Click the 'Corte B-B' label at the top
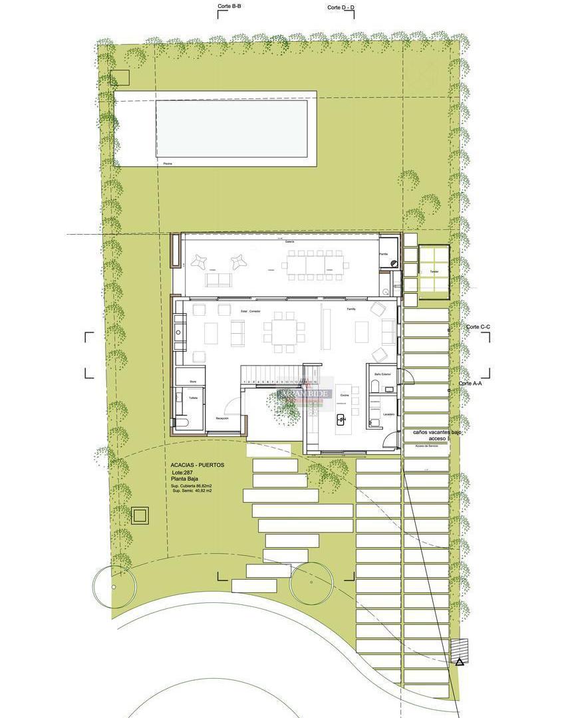(x=229, y=6)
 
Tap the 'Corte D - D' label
(x=341, y=7)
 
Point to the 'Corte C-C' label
(x=478, y=326)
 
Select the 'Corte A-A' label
(x=471, y=384)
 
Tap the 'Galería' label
(x=290, y=241)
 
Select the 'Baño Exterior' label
(x=382, y=374)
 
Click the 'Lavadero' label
(x=388, y=414)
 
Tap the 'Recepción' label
(x=222, y=418)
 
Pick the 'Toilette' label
(x=193, y=398)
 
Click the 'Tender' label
(x=434, y=271)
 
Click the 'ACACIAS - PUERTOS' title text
(x=198, y=465)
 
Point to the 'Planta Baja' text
(x=184, y=479)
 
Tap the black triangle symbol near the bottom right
(x=459, y=661)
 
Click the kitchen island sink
(x=342, y=419)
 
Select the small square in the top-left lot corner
(x=120, y=78)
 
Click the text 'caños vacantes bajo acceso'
(x=437, y=435)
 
